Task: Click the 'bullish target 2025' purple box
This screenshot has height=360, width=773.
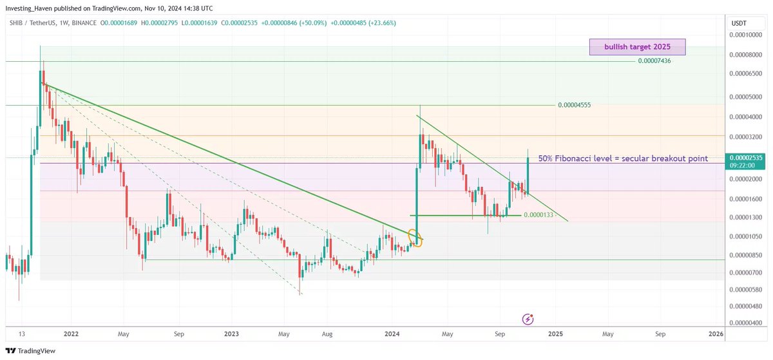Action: pos(637,47)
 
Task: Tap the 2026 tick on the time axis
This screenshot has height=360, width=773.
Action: pos(716,334)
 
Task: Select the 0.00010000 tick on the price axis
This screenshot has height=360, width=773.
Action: pos(747,36)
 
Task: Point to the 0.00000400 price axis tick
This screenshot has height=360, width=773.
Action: pos(747,323)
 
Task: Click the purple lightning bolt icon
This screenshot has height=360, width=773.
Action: pos(528,319)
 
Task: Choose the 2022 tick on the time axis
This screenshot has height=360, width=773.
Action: pos(71,334)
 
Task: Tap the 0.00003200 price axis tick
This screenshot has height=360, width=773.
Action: pos(747,137)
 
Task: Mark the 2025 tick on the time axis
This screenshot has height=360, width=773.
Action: pos(555,334)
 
